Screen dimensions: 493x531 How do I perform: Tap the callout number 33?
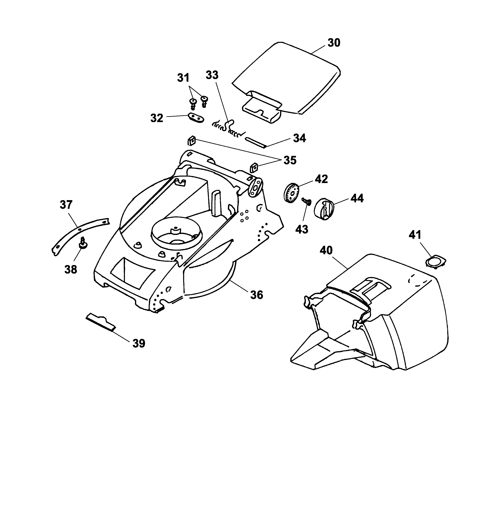pyautogui.click(x=212, y=75)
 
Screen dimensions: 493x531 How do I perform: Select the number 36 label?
pyautogui.click(x=257, y=295)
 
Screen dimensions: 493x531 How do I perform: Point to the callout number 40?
pyautogui.click(x=326, y=250)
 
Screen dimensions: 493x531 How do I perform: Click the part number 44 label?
pyautogui.click(x=357, y=198)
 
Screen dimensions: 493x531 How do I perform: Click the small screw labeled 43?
pyautogui.click(x=307, y=201)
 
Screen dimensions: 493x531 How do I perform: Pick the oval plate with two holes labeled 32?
pyautogui.click(x=196, y=117)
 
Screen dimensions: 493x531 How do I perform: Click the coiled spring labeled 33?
pyautogui.click(x=229, y=129)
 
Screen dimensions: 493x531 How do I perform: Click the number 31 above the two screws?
pyautogui.click(x=183, y=78)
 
